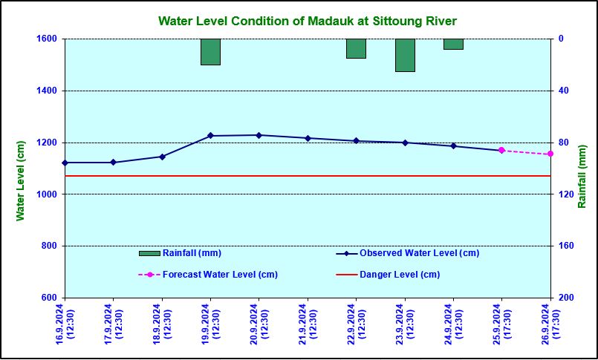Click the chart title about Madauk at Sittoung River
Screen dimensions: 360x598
[x=308, y=21]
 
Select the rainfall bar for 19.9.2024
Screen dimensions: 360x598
[x=210, y=52]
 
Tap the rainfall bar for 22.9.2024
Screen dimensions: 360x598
[x=356, y=48]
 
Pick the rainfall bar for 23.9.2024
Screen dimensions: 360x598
[x=405, y=55]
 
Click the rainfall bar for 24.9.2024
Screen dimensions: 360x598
[x=453, y=44]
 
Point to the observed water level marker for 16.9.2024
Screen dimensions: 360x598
[x=65, y=163]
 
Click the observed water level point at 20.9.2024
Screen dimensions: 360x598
[x=259, y=135]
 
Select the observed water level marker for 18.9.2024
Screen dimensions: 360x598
[x=162, y=157]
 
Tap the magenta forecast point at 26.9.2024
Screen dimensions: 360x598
[x=550, y=154]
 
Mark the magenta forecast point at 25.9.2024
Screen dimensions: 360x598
[x=501, y=150]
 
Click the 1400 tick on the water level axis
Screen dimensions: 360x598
[x=50, y=91]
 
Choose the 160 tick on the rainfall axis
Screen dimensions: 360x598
[x=565, y=246]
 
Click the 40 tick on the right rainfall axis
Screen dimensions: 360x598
[x=562, y=91]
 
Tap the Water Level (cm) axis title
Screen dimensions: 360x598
[x=21, y=181]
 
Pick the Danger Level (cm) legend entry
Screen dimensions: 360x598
[x=400, y=275]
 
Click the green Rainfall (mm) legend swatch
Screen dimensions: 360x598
[x=149, y=253]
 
